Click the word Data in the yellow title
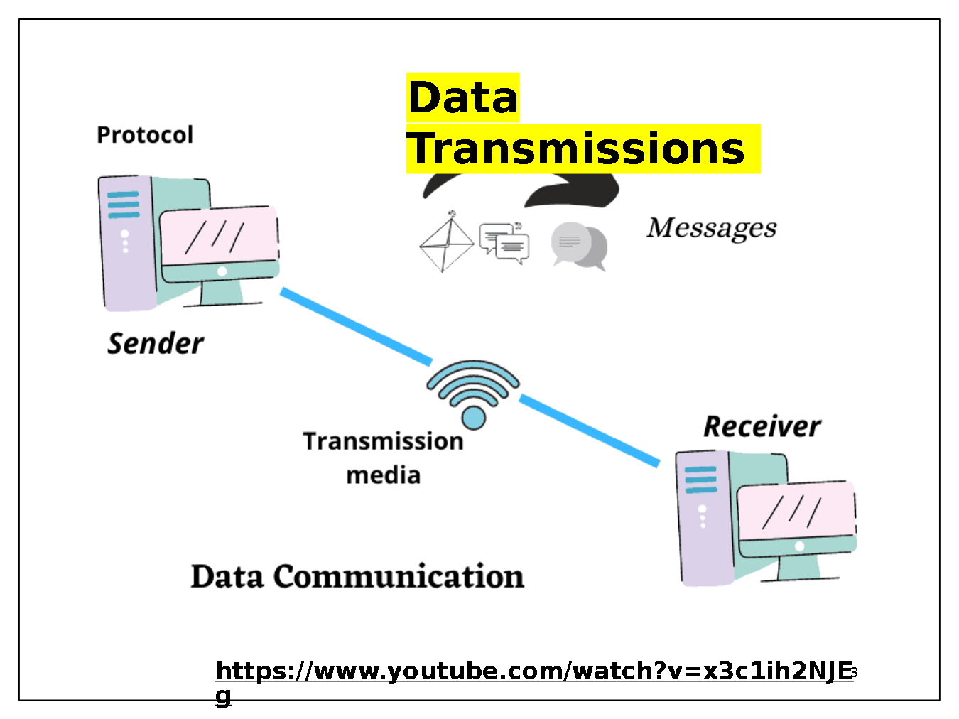462,97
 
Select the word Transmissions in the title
576,148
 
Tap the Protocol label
145,134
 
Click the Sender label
156,343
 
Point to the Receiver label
762,426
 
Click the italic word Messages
711,227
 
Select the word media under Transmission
384,475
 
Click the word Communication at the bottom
399,576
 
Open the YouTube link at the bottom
533,671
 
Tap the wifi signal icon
473,394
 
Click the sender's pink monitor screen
219,235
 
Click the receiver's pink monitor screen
796,510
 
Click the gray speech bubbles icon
579,246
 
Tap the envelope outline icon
445,243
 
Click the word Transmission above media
384,441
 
